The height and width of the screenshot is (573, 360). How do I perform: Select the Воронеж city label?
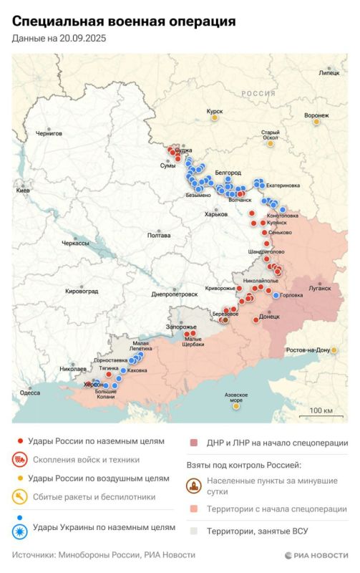coord(316,115)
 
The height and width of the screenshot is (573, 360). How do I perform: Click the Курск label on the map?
coord(214,112)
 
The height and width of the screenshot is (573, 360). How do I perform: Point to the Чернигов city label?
coord(49,133)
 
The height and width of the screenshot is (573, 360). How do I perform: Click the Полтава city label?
coord(158,235)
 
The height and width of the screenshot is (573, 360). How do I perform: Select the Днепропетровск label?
coord(175,294)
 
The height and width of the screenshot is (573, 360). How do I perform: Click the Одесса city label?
coord(30,393)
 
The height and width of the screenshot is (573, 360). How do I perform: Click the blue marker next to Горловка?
coord(276,295)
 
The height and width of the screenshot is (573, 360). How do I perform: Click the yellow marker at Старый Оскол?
coord(270,143)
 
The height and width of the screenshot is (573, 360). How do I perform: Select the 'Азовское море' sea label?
coord(236,398)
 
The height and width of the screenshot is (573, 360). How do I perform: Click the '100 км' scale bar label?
coord(322,410)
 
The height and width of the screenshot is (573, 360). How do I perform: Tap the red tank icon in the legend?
coord(21,460)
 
